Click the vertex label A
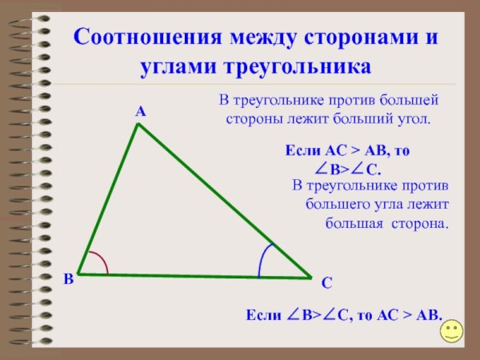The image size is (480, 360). pos(140,113)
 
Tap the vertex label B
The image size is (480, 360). pos(69,278)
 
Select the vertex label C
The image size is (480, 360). pos(326,283)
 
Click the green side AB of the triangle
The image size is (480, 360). pos(109,199)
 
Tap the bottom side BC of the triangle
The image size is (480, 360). pos(192,276)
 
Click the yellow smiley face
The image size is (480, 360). pos(453,330)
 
